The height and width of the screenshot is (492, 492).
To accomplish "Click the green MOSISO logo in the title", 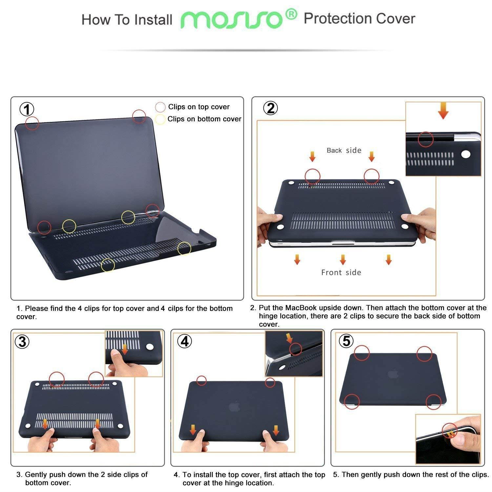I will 234,20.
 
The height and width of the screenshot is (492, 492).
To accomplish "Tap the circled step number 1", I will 27,109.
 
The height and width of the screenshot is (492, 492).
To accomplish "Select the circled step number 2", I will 271,108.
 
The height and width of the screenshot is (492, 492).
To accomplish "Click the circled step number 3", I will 22,341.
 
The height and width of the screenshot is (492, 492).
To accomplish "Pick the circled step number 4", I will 185,341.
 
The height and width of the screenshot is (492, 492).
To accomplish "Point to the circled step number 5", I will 346,341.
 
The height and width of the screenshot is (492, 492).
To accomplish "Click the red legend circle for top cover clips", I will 160,107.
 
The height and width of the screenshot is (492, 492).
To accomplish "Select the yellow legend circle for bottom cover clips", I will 160,119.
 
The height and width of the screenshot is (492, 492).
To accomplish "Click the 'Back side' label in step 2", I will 344,150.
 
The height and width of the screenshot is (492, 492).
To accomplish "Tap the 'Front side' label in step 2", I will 341,272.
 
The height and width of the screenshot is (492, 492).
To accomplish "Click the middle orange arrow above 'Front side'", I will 343,259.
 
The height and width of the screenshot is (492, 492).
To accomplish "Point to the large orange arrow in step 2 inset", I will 443,112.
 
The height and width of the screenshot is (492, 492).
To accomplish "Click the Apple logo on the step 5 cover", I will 392,374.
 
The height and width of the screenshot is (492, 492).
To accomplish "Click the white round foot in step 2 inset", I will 465,154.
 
